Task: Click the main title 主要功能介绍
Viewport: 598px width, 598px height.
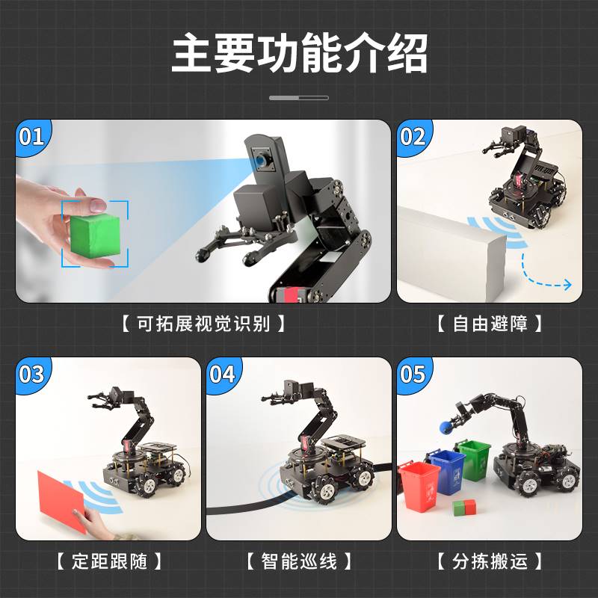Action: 299,53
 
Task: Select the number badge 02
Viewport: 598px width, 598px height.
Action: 413,137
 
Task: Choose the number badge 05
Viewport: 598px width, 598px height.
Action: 413,374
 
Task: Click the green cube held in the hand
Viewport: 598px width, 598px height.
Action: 94,233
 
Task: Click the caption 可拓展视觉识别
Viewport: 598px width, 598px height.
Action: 203,324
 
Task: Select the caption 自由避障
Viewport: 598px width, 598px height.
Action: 489,324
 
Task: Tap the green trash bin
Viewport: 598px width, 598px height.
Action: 474,459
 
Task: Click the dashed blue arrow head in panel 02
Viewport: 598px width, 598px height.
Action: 567,285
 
